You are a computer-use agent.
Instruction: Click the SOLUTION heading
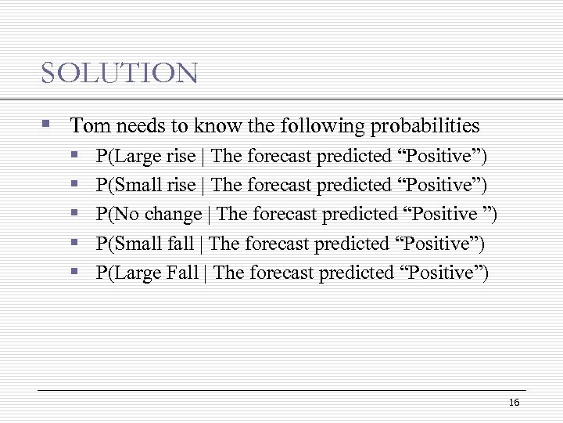coord(120,74)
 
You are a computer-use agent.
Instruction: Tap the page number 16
coord(514,402)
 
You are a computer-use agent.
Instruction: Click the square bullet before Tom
coord(47,125)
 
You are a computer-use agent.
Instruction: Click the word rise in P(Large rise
coord(181,156)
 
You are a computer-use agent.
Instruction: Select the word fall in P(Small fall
coord(181,244)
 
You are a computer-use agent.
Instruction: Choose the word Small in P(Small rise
coord(138,185)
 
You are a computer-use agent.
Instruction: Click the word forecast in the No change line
coord(282,214)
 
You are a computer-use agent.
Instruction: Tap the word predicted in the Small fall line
coord(352,244)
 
